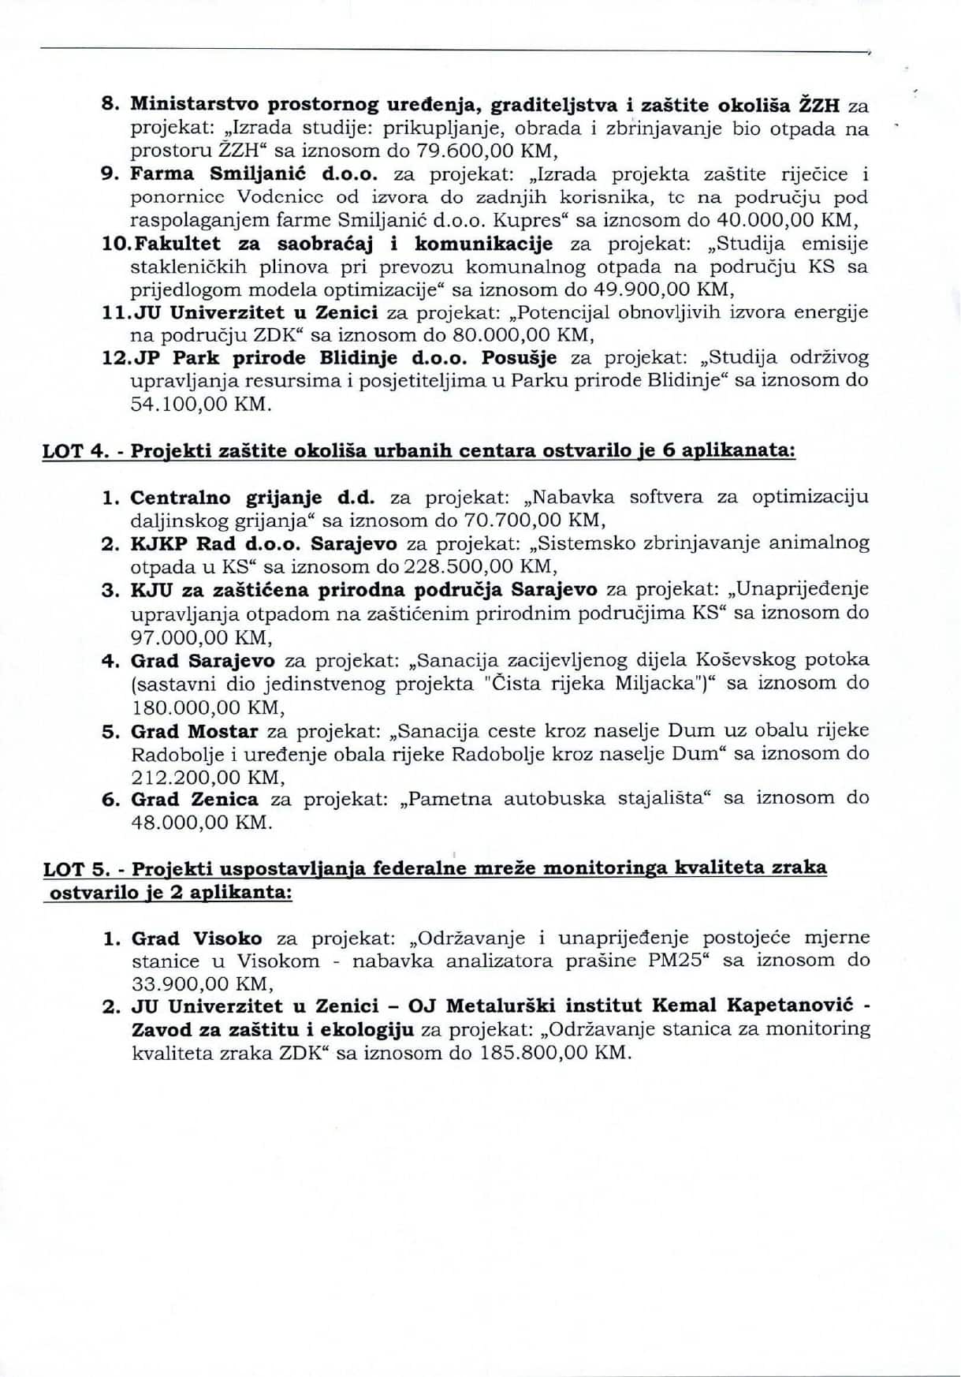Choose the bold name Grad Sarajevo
point(203,660)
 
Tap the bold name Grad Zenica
point(194,800)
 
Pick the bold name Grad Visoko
point(196,939)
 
